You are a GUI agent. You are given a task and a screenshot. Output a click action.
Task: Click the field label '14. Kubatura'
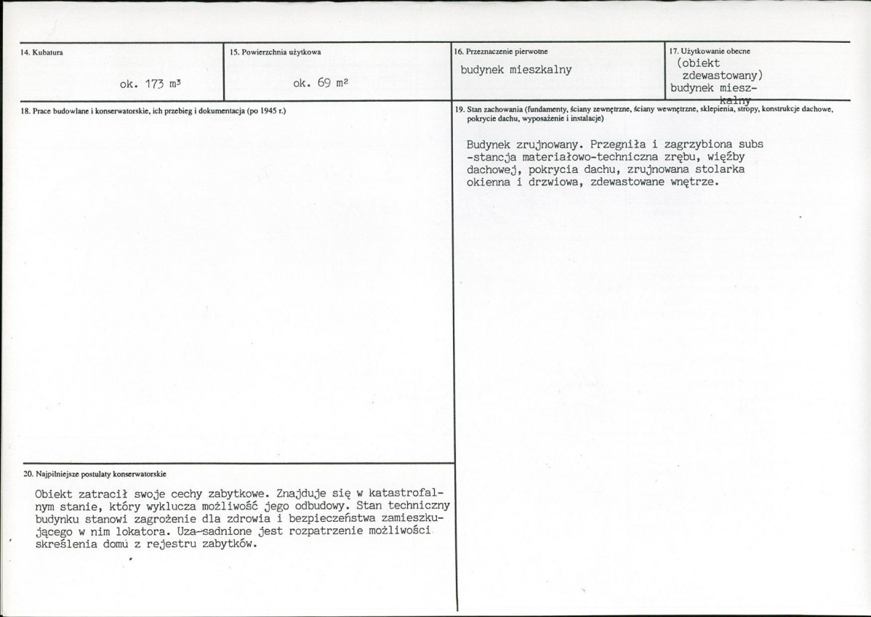(38, 52)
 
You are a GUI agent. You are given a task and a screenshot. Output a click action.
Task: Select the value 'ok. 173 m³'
(149, 84)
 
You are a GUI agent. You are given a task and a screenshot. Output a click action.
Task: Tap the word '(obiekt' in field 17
(698, 62)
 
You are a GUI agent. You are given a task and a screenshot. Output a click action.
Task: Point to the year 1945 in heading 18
(267, 110)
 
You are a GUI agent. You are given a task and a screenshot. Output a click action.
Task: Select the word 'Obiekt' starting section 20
(54, 492)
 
